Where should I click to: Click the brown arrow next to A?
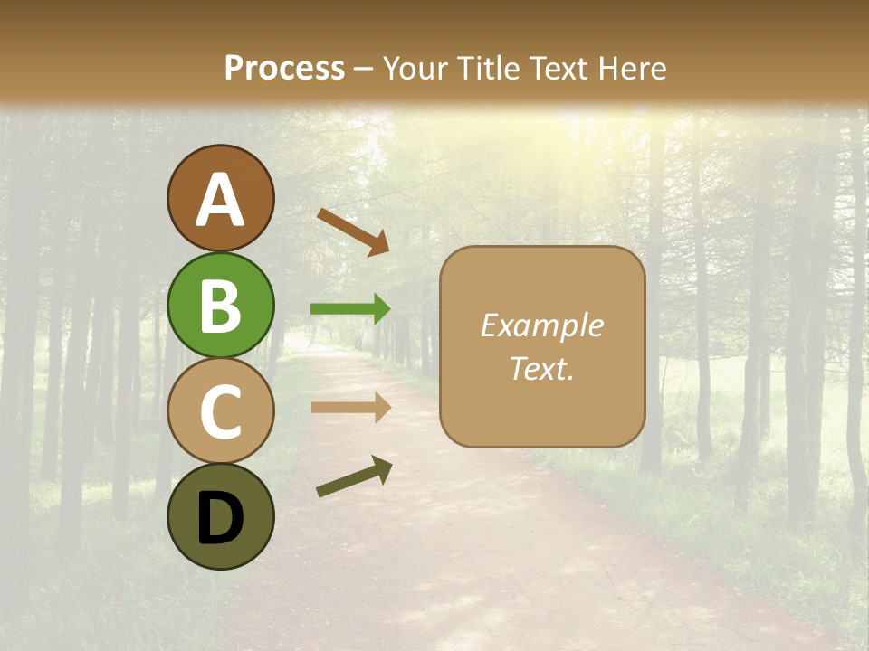coord(353,231)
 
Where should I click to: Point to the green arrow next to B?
coord(350,309)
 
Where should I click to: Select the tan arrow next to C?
coord(350,407)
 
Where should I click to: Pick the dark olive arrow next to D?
coord(354,476)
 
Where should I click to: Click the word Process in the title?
coord(284,68)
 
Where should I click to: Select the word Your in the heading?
coord(415,68)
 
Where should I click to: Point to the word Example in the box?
coord(541,325)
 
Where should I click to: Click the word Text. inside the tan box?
coord(541,369)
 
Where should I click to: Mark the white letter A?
coord(220,201)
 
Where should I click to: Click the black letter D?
coord(220,519)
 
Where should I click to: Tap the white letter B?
coord(220,307)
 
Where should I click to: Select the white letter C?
coord(220,412)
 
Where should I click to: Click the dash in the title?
coord(363,70)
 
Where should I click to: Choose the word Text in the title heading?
coord(558,68)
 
